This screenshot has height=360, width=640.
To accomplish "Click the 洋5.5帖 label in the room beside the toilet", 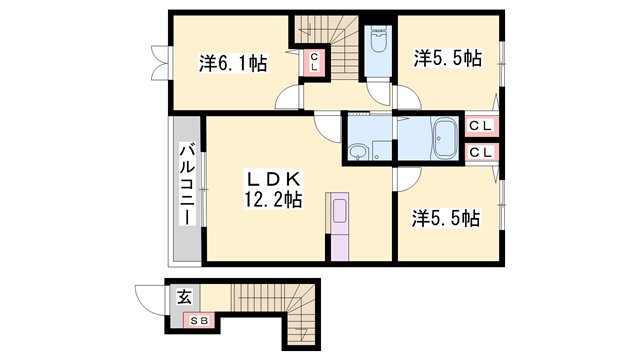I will (x=448, y=58).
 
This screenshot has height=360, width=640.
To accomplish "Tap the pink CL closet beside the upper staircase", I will (x=314, y=63).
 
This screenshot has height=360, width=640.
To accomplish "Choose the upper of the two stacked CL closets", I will (x=481, y=126).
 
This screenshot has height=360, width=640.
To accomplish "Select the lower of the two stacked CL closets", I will (x=481, y=152).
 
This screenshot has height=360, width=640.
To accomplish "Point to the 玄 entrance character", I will (x=185, y=297).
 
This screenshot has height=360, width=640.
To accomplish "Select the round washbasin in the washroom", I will (x=359, y=152).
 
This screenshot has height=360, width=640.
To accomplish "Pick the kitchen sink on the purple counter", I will (x=340, y=212).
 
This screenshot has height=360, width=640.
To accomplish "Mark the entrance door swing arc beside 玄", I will (x=149, y=298).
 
